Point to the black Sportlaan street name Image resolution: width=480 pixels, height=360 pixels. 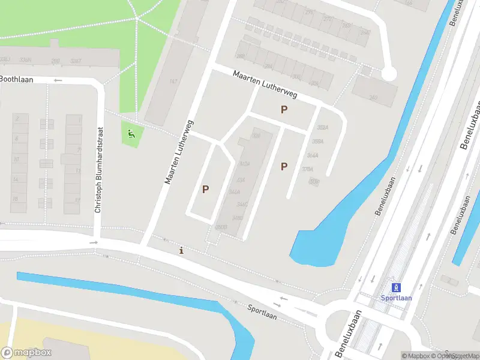pyautogui.click(x=262, y=311)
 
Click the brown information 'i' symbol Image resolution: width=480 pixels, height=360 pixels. pyautogui.click(x=182, y=250)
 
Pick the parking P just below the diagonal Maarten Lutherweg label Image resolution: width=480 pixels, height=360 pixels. pyautogui.click(x=284, y=110)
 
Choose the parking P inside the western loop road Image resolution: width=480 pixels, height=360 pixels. pyautogui.click(x=205, y=189)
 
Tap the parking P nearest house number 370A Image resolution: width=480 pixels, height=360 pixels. pyautogui.click(x=284, y=167)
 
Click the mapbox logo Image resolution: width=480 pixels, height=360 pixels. pyautogui.click(x=27, y=353)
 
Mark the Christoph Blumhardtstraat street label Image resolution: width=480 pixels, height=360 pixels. pyautogui.click(x=100, y=170)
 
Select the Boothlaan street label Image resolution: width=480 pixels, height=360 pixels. pyautogui.click(x=17, y=79)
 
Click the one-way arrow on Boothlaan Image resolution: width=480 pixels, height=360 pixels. pyautogui.click(x=58, y=80)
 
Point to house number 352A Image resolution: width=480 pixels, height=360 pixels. pyautogui.click(x=323, y=128)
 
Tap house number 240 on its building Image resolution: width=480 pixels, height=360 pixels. pyautogui.click(x=373, y=97)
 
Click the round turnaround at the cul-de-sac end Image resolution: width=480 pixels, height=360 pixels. pyautogui.click(x=389, y=74)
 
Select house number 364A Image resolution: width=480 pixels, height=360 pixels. pyautogui.click(x=313, y=155)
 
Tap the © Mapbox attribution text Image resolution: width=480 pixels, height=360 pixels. pyautogui.click(x=416, y=356)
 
